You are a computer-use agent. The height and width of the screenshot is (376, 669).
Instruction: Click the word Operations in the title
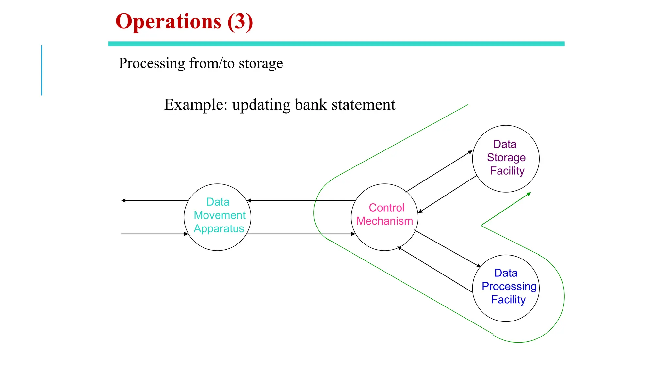click(168, 22)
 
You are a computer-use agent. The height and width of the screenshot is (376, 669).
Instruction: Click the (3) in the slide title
click(240, 22)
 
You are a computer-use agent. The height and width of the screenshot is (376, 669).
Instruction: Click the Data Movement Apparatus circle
click(217, 242)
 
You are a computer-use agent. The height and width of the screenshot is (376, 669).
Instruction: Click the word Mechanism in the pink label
click(384, 221)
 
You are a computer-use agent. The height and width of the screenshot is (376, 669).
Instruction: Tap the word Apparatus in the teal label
click(219, 228)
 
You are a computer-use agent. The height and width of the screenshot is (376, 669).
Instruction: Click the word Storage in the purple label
click(506, 157)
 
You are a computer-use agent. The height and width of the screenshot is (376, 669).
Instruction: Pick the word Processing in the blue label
click(509, 286)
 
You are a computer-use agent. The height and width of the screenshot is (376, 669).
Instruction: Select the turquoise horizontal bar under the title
click(336, 44)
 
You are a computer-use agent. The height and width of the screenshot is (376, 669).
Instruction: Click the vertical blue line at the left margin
click(42, 70)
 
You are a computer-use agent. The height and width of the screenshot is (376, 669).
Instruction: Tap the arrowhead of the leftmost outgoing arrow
click(123, 200)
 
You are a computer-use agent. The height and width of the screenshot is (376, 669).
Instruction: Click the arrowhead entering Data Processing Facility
click(479, 266)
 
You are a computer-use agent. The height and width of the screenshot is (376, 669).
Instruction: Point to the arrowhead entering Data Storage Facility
click(470, 152)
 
